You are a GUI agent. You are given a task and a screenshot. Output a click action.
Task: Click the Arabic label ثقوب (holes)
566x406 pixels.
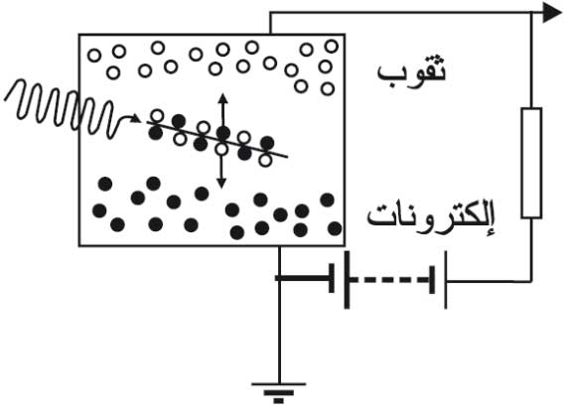tap(411, 70)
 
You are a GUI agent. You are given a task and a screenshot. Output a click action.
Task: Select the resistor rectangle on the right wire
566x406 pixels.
tap(531, 163)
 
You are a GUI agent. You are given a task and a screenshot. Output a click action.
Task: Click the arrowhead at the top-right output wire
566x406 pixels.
tap(552, 13)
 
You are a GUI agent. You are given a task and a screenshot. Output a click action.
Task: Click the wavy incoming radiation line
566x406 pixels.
tap(62, 108)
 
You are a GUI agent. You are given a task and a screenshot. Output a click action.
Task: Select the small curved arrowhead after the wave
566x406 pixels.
tap(136, 118)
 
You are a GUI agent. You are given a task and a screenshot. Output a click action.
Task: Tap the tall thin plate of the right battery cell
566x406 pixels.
tap(446, 280)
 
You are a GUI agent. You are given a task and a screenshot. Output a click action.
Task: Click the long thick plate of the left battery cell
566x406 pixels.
tap(347, 280)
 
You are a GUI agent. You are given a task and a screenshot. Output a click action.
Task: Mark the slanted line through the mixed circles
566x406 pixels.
tap(216, 140)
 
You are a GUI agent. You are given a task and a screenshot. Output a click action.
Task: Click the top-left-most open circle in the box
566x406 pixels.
tap(94, 56)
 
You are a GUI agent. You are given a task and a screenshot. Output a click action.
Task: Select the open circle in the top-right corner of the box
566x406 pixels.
tap(332, 47)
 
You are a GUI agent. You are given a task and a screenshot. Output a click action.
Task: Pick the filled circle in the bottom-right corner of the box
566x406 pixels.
tap(335, 228)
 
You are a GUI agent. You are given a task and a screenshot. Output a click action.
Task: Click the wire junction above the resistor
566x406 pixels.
tap(531, 13)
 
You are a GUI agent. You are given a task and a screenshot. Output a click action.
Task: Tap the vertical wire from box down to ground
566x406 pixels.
tap(279, 315)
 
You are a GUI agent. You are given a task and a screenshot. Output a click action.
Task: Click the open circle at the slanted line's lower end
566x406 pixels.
tap(265, 161)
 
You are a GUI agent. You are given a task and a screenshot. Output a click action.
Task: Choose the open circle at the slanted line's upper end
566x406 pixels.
tap(157, 115)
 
